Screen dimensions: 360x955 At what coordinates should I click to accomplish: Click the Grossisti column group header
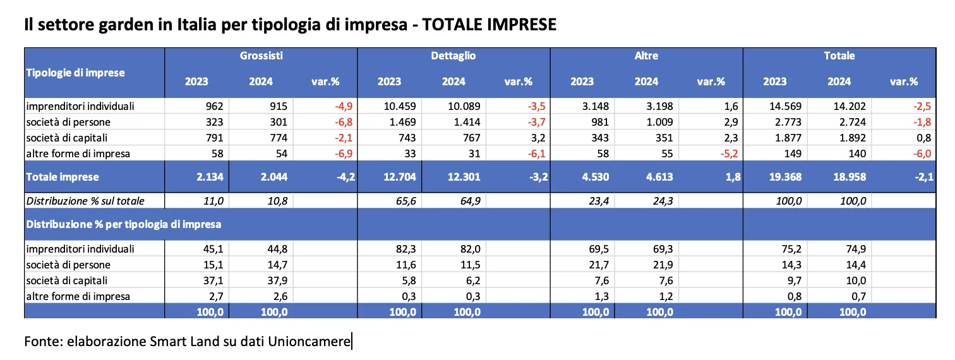tap(261, 56)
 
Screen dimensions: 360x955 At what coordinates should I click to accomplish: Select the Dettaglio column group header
tap(453, 56)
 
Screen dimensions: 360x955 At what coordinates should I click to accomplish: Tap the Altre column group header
tap(646, 56)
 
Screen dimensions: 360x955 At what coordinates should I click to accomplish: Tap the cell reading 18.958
tap(839, 177)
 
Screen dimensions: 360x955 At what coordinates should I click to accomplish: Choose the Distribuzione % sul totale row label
tap(85, 201)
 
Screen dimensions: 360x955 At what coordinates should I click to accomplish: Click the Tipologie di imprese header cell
tap(75, 72)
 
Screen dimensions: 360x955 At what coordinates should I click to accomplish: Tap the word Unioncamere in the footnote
tap(309, 342)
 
